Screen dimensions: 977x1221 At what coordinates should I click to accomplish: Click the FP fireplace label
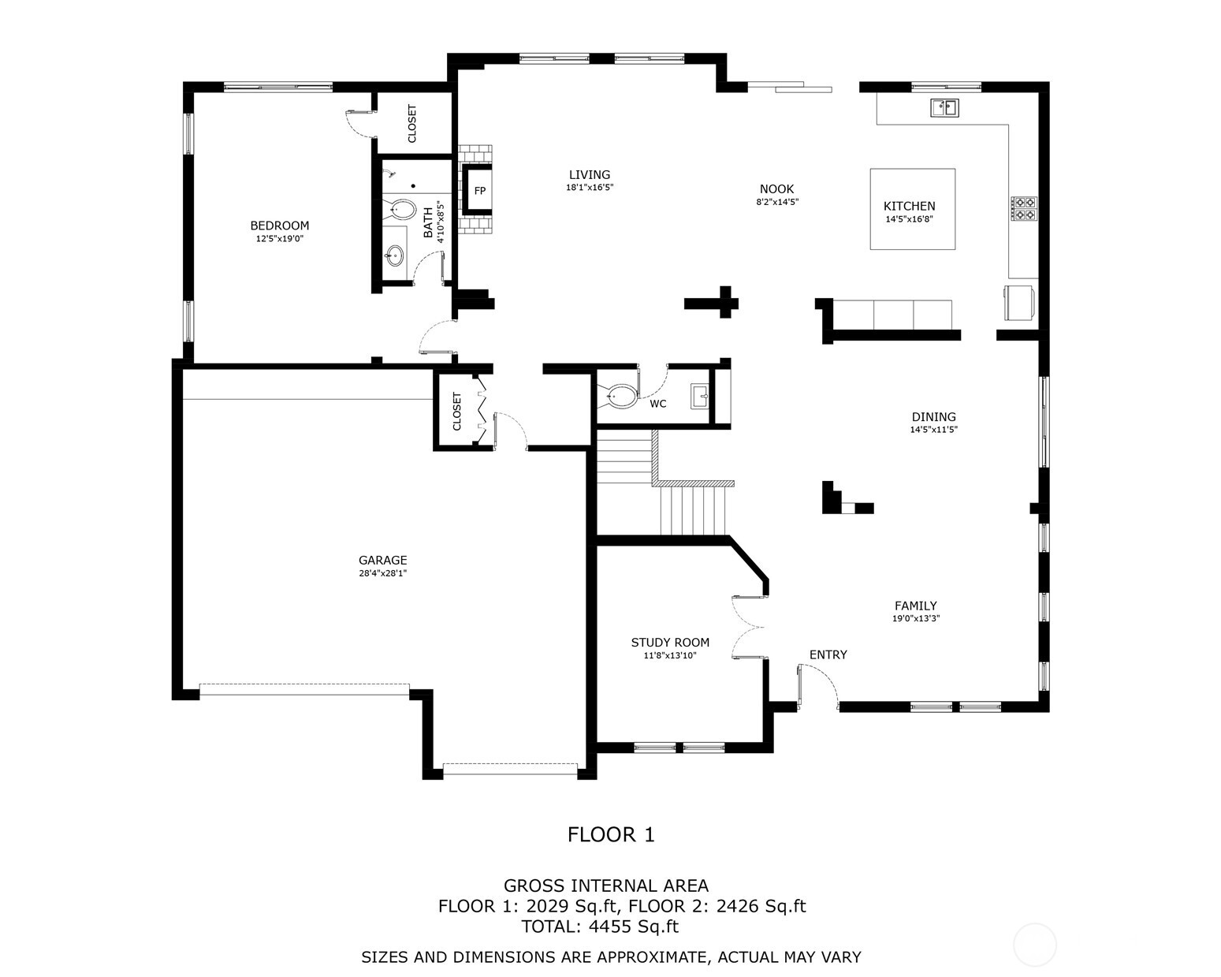(479, 191)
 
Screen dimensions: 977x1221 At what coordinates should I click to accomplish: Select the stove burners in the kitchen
(1024, 208)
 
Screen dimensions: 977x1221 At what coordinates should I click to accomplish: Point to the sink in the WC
(699, 397)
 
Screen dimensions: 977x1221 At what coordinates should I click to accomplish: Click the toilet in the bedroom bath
(403, 210)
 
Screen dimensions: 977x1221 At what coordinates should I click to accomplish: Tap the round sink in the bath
(394, 255)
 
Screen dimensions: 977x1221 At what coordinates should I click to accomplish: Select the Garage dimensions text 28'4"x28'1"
(382, 573)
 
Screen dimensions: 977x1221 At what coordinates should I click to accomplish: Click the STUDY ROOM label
(670, 643)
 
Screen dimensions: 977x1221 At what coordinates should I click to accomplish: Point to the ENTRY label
(828, 654)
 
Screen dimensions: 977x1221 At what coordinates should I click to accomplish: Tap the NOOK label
(776, 189)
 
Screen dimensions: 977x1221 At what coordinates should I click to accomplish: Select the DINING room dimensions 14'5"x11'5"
(933, 430)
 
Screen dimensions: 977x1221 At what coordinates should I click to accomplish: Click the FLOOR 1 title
(611, 834)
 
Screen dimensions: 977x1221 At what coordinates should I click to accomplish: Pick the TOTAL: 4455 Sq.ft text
(600, 927)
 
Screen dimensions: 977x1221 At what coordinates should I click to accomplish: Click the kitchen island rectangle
(912, 209)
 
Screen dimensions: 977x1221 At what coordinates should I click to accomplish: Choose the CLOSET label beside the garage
(457, 412)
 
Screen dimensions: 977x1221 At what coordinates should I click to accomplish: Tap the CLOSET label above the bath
(411, 124)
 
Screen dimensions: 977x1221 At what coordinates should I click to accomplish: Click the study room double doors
(750, 627)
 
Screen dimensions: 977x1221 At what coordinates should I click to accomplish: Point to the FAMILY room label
(915, 606)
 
